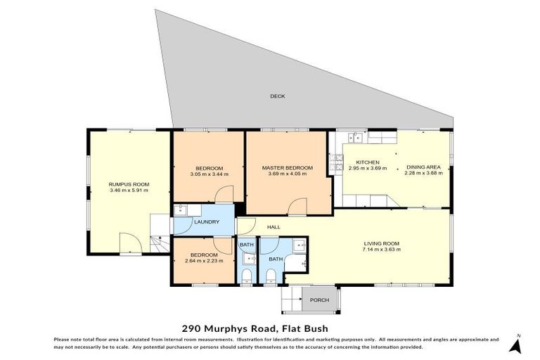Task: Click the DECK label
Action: [x=278, y=96]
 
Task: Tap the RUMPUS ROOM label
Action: [x=129, y=184]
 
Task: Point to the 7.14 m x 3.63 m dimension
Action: [x=381, y=250]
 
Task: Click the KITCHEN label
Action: [x=367, y=162]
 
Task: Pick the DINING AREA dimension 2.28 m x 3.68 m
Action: [x=423, y=174]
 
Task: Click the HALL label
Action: [x=274, y=227]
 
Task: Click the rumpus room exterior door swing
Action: [x=131, y=243]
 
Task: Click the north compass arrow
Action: [x=517, y=345]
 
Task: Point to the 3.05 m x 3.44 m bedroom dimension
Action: [x=210, y=174]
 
